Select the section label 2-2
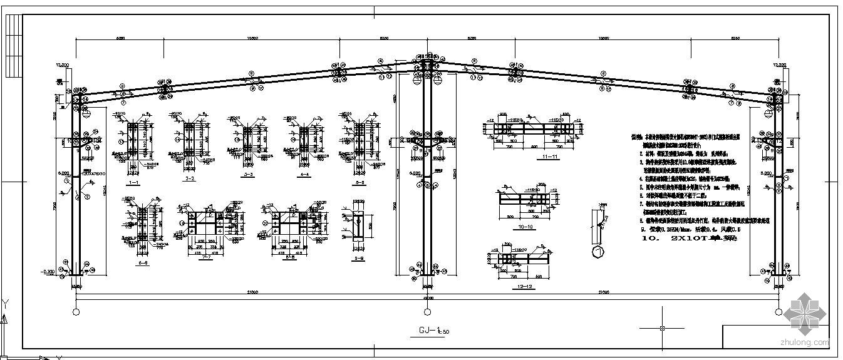pos(189,178)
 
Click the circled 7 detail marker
pos(597,251)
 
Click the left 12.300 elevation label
pos(62,64)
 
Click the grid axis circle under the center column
pos(427,311)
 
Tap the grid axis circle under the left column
pos(76,311)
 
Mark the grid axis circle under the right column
pos(777,311)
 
